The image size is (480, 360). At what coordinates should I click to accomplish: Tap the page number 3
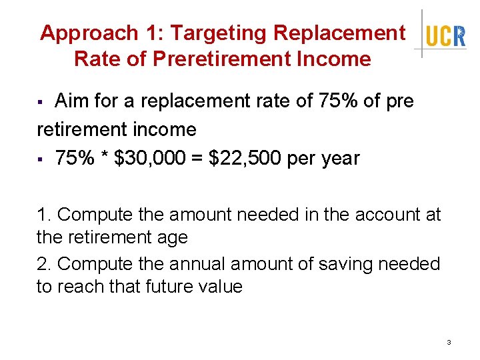449,342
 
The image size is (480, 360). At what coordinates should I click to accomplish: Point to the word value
219,287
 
